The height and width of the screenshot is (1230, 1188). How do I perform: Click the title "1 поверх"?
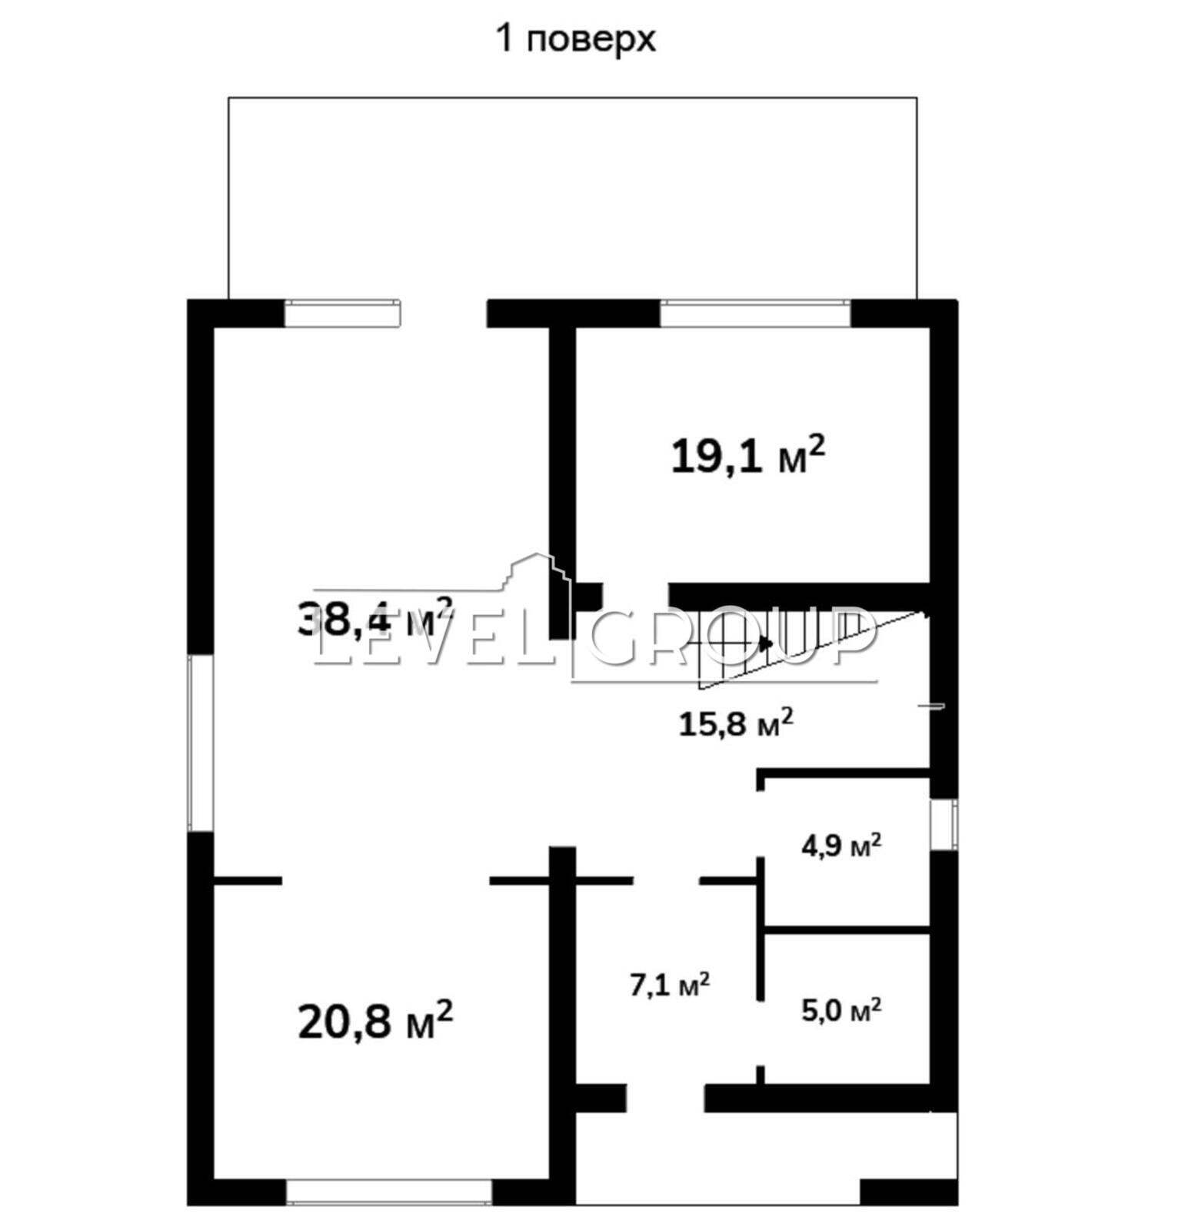(x=577, y=38)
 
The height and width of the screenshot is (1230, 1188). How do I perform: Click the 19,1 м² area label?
(x=748, y=456)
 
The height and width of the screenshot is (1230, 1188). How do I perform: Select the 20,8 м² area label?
(x=375, y=1019)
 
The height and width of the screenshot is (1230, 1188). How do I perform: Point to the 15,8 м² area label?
(x=736, y=723)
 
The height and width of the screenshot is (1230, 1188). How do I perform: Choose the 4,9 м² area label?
(x=841, y=846)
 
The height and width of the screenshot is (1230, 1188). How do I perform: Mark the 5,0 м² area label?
(x=841, y=1009)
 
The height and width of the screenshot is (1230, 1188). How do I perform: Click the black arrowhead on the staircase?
(x=765, y=642)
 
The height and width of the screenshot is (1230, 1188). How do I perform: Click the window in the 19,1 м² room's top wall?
(x=755, y=313)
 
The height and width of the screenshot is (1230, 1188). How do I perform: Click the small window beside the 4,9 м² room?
(x=944, y=824)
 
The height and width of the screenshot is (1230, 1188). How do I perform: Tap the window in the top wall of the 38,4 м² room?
(x=344, y=313)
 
